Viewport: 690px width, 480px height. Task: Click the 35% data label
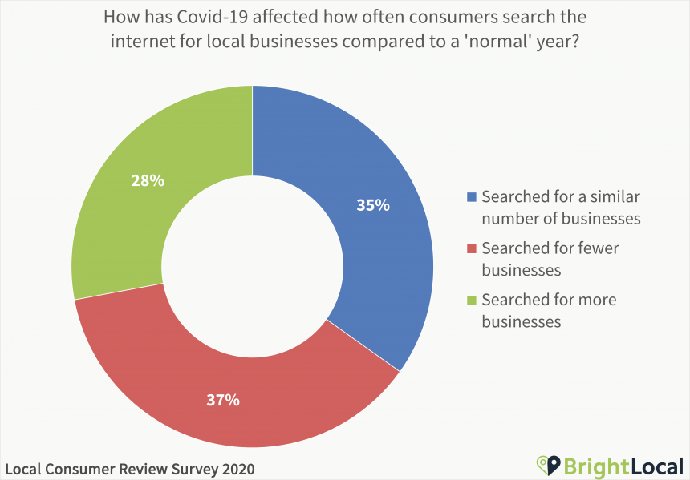click(373, 205)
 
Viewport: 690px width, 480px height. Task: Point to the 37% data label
click(222, 400)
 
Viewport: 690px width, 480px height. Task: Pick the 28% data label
click(148, 180)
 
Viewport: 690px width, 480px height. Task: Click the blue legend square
click(472, 197)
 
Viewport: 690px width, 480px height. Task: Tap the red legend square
click(472, 248)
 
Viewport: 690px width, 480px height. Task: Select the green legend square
click(472, 301)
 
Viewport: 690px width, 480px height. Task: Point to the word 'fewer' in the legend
click(597, 248)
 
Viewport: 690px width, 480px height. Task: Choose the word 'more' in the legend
click(596, 301)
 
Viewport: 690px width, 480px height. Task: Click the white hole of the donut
click(253, 267)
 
